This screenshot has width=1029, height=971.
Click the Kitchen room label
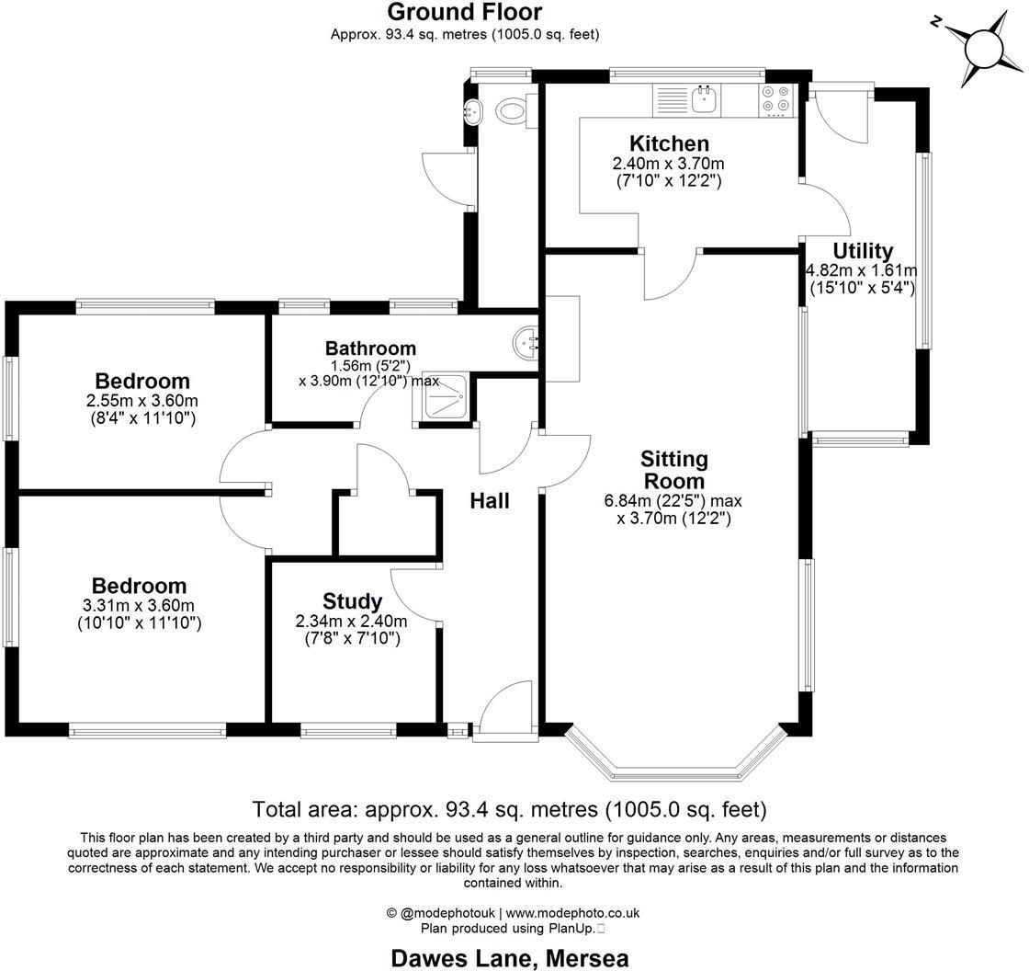tap(669, 143)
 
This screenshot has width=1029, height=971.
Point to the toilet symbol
tap(511, 111)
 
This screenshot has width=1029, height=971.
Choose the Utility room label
tap(863, 251)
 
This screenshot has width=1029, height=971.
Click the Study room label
tap(352, 601)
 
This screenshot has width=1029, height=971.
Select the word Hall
tap(490, 501)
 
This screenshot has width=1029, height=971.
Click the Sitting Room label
tap(673, 469)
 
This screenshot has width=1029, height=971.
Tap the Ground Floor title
tap(464, 12)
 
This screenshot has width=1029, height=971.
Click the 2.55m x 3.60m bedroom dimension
tap(142, 401)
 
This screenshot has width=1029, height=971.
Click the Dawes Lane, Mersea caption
tap(510, 957)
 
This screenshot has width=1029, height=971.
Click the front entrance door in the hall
tap(504, 712)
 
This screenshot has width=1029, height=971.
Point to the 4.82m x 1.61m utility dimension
tap(861, 271)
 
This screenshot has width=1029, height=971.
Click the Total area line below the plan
tap(509, 810)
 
